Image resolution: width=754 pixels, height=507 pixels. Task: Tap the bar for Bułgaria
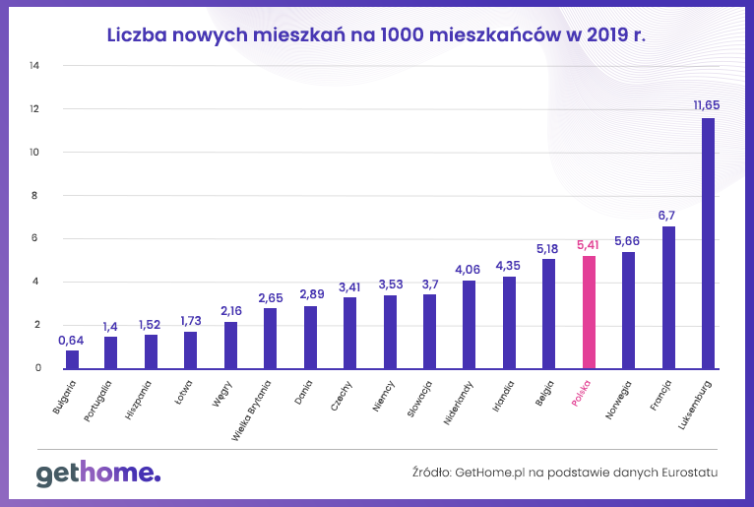(x=72, y=359)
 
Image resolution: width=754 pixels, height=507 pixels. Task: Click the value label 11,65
(x=708, y=104)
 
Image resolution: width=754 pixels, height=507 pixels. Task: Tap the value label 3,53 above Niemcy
(x=390, y=284)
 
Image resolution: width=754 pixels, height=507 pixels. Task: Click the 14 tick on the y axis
(x=35, y=66)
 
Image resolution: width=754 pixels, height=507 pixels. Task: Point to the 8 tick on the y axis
(x=36, y=195)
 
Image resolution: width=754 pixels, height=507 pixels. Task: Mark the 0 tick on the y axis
(x=37, y=368)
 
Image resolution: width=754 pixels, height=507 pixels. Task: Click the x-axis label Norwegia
(x=618, y=396)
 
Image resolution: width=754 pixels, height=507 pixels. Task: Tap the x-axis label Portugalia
(x=98, y=399)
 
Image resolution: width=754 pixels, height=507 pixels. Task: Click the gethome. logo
(x=97, y=474)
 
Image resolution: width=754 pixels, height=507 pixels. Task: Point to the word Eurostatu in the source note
(x=686, y=473)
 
